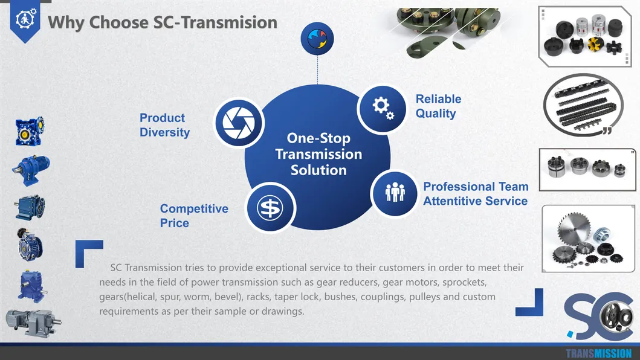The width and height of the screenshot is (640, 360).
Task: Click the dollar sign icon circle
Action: point(270,207)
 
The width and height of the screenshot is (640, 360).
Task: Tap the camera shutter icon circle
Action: point(239,123)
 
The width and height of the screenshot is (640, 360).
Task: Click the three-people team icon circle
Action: point(395,193)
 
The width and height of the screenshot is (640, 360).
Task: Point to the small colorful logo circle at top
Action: point(317,39)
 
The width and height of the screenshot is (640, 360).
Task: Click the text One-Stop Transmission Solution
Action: point(318,154)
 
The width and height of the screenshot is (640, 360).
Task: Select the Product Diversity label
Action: point(164,125)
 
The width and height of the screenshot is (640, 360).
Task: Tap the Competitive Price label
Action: point(194,216)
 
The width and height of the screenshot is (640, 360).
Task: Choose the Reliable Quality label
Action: point(438,106)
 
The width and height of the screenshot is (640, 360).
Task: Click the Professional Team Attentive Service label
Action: point(476,193)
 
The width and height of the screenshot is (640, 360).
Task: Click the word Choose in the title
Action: point(119,22)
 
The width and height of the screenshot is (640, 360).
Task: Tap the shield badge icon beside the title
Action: point(25,21)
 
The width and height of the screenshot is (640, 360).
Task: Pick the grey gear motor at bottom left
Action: point(33,322)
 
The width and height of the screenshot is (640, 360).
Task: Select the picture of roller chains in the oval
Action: point(584,105)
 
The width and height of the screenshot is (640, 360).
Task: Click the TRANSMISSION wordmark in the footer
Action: point(598,353)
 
